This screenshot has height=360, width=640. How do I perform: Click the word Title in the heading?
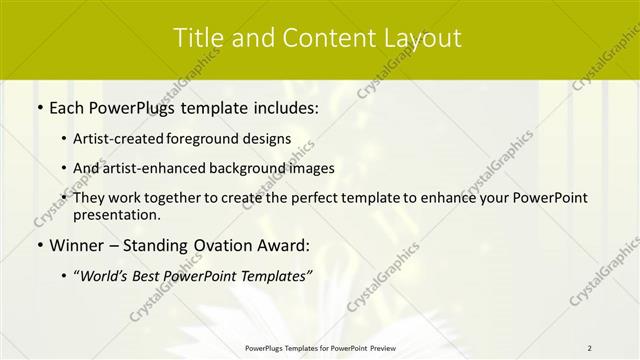tap(198, 38)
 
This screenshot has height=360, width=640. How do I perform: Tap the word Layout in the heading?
tap(424, 38)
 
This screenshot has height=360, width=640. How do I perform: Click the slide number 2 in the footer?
tap(589, 348)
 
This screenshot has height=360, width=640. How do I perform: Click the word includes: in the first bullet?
tap(283, 107)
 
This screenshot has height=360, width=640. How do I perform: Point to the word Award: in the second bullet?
tap(281, 245)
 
